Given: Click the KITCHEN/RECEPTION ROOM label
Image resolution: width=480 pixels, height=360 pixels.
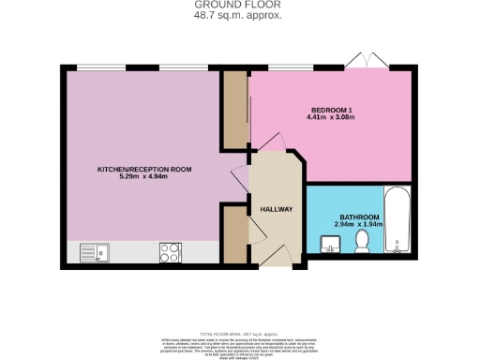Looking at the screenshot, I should pyautogui.click(x=145, y=169).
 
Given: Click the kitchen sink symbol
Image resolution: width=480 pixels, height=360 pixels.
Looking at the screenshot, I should pyautogui.click(x=94, y=251).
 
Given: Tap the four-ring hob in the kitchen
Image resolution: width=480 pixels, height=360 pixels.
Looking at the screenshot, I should pyautogui.click(x=171, y=251).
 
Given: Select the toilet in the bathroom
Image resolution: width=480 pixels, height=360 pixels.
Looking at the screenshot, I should pyautogui.click(x=363, y=242).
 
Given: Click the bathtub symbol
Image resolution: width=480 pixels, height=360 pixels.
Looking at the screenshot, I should pyautogui.click(x=398, y=223).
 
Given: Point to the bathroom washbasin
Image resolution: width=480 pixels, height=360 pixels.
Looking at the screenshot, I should pyautogui.click(x=330, y=245).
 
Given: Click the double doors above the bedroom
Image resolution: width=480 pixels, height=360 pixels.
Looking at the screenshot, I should pyautogui.click(x=365, y=61).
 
